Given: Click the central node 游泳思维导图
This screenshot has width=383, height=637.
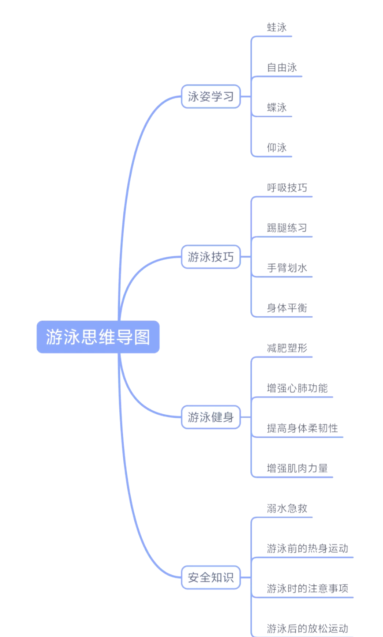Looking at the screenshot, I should pos(98,337).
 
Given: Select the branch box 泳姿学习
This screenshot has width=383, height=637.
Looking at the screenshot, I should pos(211,97).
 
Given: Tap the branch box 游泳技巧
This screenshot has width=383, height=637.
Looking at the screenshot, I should pos(211,257).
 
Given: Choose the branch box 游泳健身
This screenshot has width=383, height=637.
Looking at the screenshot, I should pos(211,417).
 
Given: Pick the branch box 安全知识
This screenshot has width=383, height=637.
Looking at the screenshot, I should pos(211,577).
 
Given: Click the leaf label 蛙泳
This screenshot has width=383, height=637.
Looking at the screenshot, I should pos(276,27).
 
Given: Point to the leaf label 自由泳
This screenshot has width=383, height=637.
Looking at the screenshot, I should pos(282,67).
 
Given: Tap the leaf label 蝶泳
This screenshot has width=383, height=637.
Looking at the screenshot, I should pos(276,108).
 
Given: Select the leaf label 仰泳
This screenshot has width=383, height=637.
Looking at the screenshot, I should pos(276,147).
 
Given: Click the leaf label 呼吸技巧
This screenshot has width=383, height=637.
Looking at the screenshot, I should pos(287,188).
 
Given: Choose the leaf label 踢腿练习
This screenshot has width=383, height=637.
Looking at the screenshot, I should pos(287,228).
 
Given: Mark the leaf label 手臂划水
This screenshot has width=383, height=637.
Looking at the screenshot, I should pos(287,268).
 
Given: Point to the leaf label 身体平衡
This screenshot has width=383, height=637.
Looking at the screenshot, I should pos(287,308).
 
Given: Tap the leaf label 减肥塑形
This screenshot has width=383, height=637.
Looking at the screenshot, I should pos(287,348).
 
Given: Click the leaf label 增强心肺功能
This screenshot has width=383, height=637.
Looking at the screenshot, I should pos(297,388).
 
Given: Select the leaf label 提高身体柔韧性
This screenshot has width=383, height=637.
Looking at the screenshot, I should pos(302,428).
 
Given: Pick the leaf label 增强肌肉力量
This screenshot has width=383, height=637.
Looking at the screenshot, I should pos(297,468).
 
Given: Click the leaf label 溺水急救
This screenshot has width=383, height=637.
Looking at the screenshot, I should pos(287,508).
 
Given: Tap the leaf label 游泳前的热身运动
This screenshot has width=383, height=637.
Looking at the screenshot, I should pos(307,548).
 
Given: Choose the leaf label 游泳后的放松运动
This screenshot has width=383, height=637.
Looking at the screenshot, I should pos(307,628).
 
